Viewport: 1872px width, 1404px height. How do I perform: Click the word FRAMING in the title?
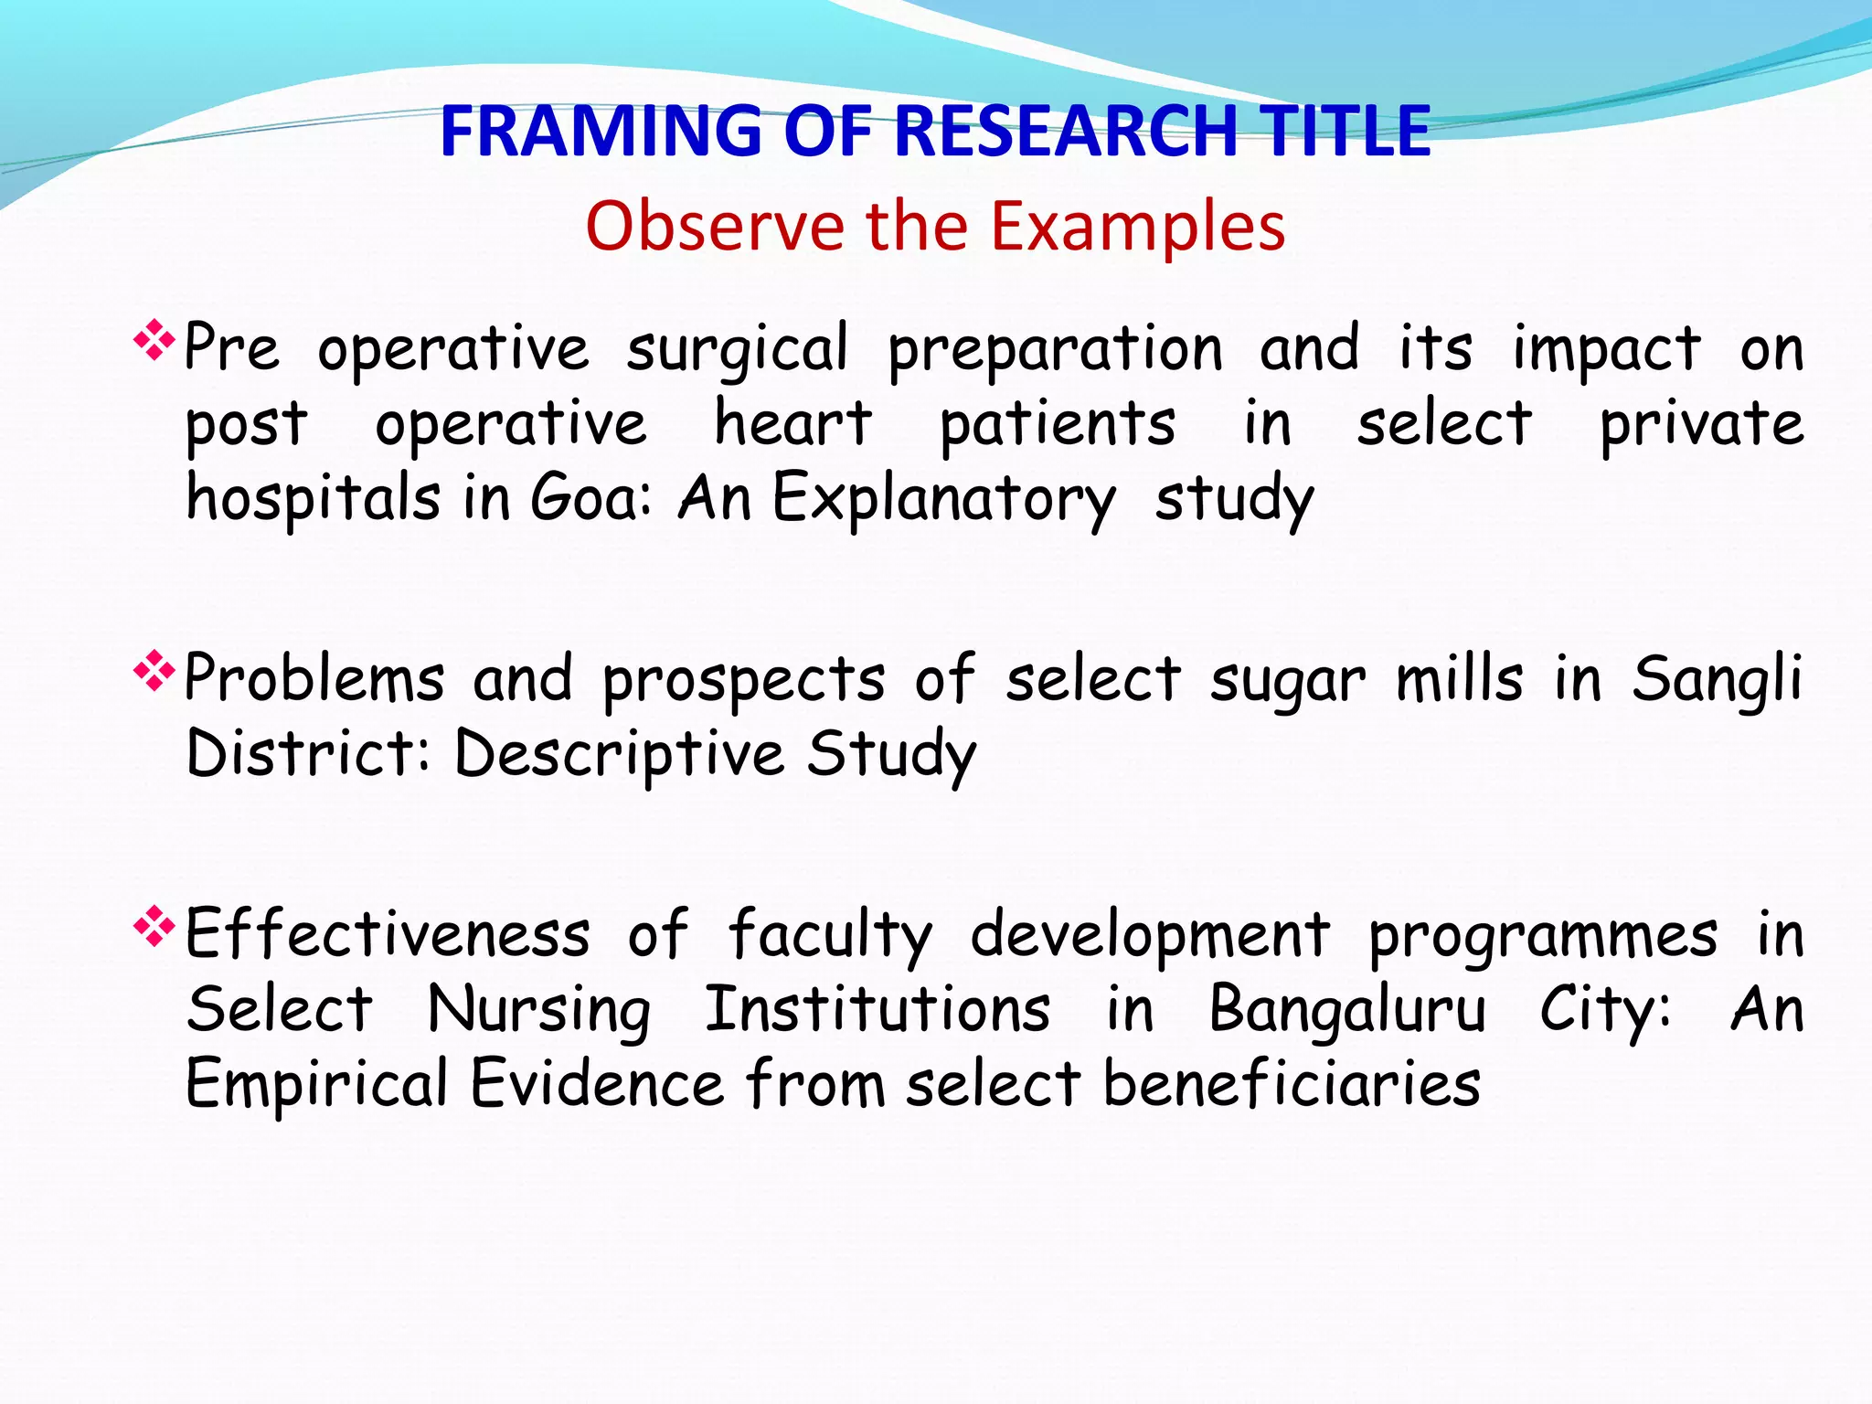pyautogui.click(x=600, y=131)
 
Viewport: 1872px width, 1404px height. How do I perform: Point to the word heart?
pyautogui.click(x=792, y=424)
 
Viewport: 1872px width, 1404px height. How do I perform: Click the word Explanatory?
pyautogui.click(x=943, y=500)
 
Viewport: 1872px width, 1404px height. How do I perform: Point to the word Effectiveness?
pyautogui.click(x=388, y=935)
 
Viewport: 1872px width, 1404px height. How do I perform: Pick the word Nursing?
pyautogui.click(x=539, y=1012)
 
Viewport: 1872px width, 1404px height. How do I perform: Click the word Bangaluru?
pyautogui.click(x=1347, y=1012)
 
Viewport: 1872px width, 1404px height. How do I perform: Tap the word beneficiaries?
pyautogui.click(x=1292, y=1084)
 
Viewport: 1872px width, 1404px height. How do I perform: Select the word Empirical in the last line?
pyautogui.click(x=316, y=1086)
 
